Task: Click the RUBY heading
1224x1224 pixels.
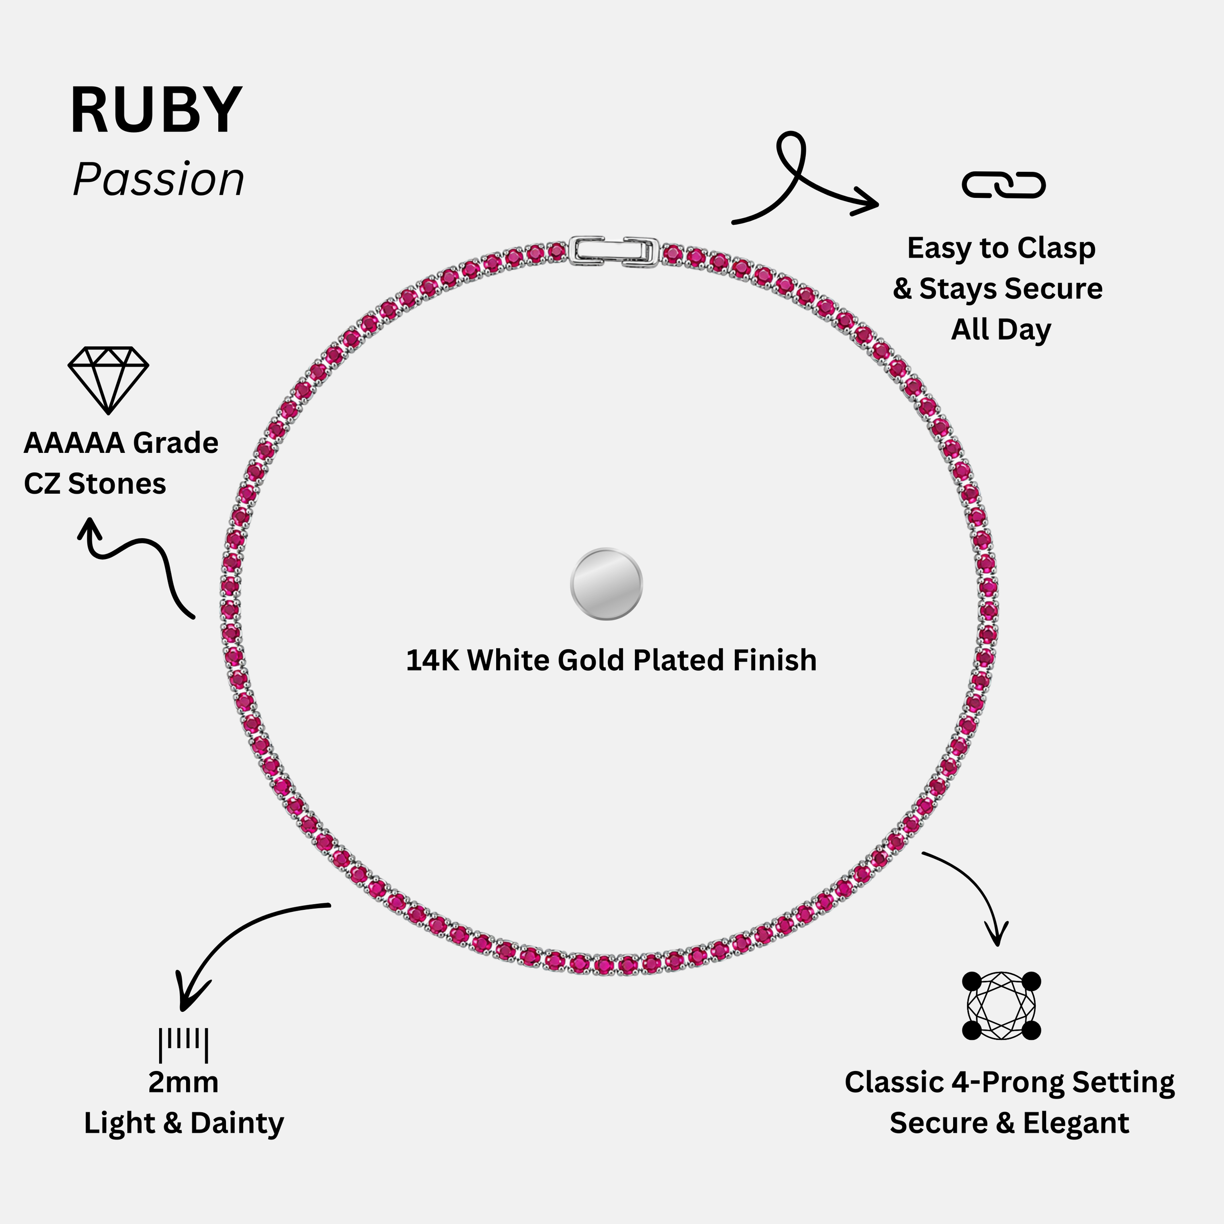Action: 156,110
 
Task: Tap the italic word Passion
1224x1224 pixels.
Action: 159,181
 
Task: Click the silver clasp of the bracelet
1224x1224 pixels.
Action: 614,251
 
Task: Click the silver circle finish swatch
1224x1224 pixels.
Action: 606,583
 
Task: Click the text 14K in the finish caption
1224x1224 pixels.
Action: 432,660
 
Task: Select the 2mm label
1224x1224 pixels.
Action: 183,1083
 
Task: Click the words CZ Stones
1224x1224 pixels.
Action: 95,484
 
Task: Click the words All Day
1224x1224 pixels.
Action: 1001,330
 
